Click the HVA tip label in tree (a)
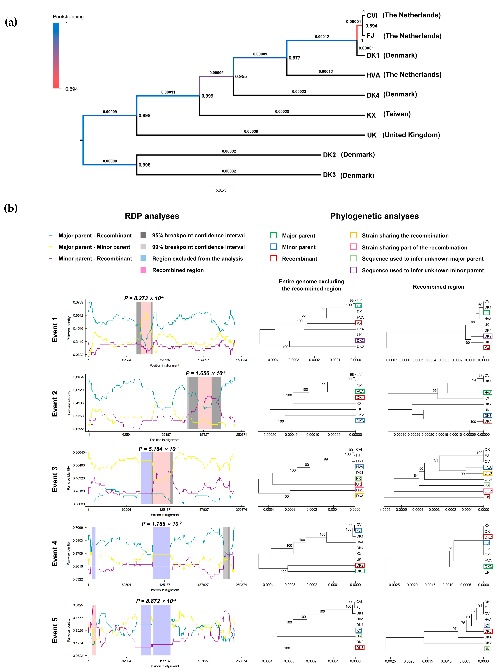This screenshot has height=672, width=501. tap(373, 75)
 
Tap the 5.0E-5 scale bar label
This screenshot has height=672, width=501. tap(221, 190)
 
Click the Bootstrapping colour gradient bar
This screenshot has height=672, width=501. tap(56, 56)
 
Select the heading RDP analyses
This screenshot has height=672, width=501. tap(152, 216)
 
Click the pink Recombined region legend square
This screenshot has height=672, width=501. tap(143, 270)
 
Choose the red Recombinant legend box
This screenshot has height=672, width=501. tap(273, 258)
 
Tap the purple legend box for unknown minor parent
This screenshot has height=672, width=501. tap(353, 270)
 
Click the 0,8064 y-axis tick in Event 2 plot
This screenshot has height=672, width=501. tap(78, 377)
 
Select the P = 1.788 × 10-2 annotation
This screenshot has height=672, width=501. tap(162, 524)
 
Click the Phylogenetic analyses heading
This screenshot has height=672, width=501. tap(374, 216)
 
